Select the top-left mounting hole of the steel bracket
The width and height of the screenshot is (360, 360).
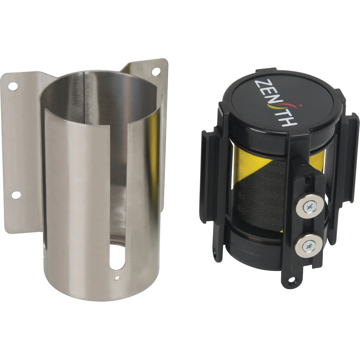[13, 86]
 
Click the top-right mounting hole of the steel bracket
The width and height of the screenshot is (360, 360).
[156, 71]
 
